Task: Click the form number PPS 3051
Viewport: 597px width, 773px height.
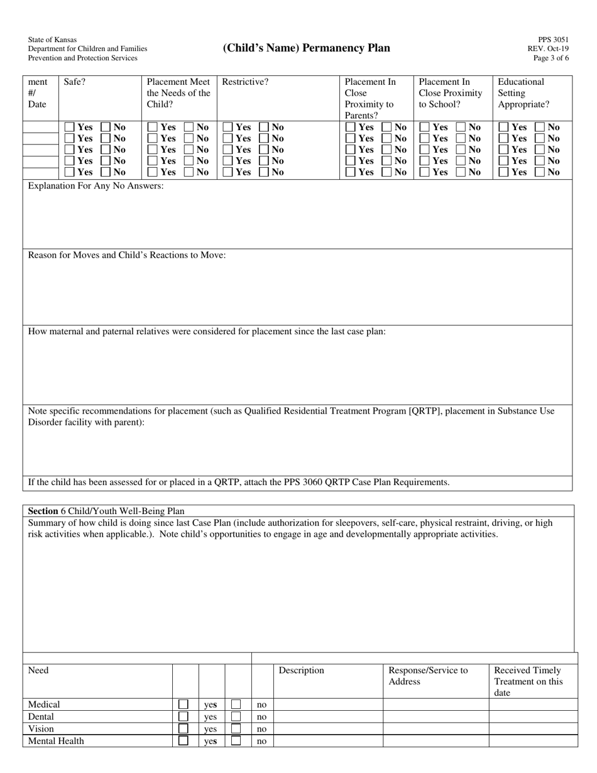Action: tap(553, 40)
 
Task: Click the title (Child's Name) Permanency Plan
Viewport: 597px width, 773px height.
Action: tap(306, 48)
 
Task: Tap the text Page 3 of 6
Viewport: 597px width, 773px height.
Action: tap(550, 58)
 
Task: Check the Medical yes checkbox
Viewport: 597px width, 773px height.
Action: tap(183, 704)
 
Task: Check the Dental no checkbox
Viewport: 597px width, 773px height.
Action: tap(236, 716)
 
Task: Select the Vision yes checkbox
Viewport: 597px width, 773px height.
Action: tap(183, 728)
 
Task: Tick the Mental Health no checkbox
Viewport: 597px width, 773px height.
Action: tap(236, 741)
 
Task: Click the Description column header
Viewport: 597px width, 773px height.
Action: tap(301, 671)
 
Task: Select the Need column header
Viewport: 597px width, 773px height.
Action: tap(38, 671)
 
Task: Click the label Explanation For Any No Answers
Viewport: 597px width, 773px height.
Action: tap(96, 186)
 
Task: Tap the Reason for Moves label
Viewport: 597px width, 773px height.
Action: tap(127, 255)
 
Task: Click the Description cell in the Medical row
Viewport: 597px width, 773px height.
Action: tap(328, 704)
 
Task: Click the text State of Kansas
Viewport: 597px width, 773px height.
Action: tap(52, 40)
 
